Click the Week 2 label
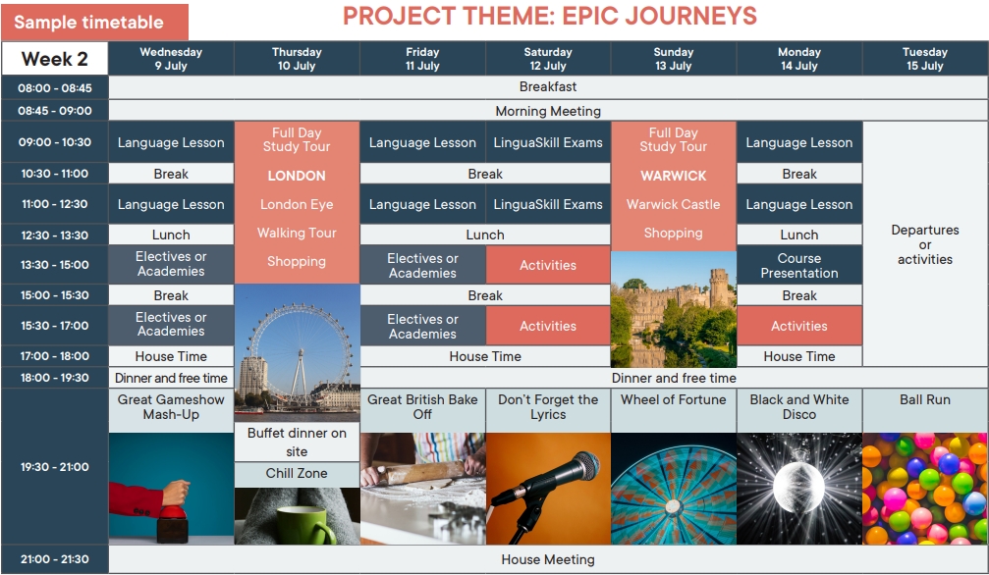click(55, 59)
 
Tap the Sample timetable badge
click(94, 22)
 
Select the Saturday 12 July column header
click(548, 59)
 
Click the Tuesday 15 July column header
click(924, 59)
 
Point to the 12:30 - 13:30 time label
click(55, 235)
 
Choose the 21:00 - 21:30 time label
click(55, 559)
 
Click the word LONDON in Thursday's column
click(297, 176)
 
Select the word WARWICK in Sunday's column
click(674, 176)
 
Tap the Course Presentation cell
click(799, 266)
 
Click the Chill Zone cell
click(297, 474)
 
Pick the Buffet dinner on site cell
click(297, 442)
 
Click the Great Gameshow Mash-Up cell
click(171, 407)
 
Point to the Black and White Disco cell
click(799, 407)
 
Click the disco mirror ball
click(798, 487)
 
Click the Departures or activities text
click(924, 244)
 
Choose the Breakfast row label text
click(548, 87)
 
